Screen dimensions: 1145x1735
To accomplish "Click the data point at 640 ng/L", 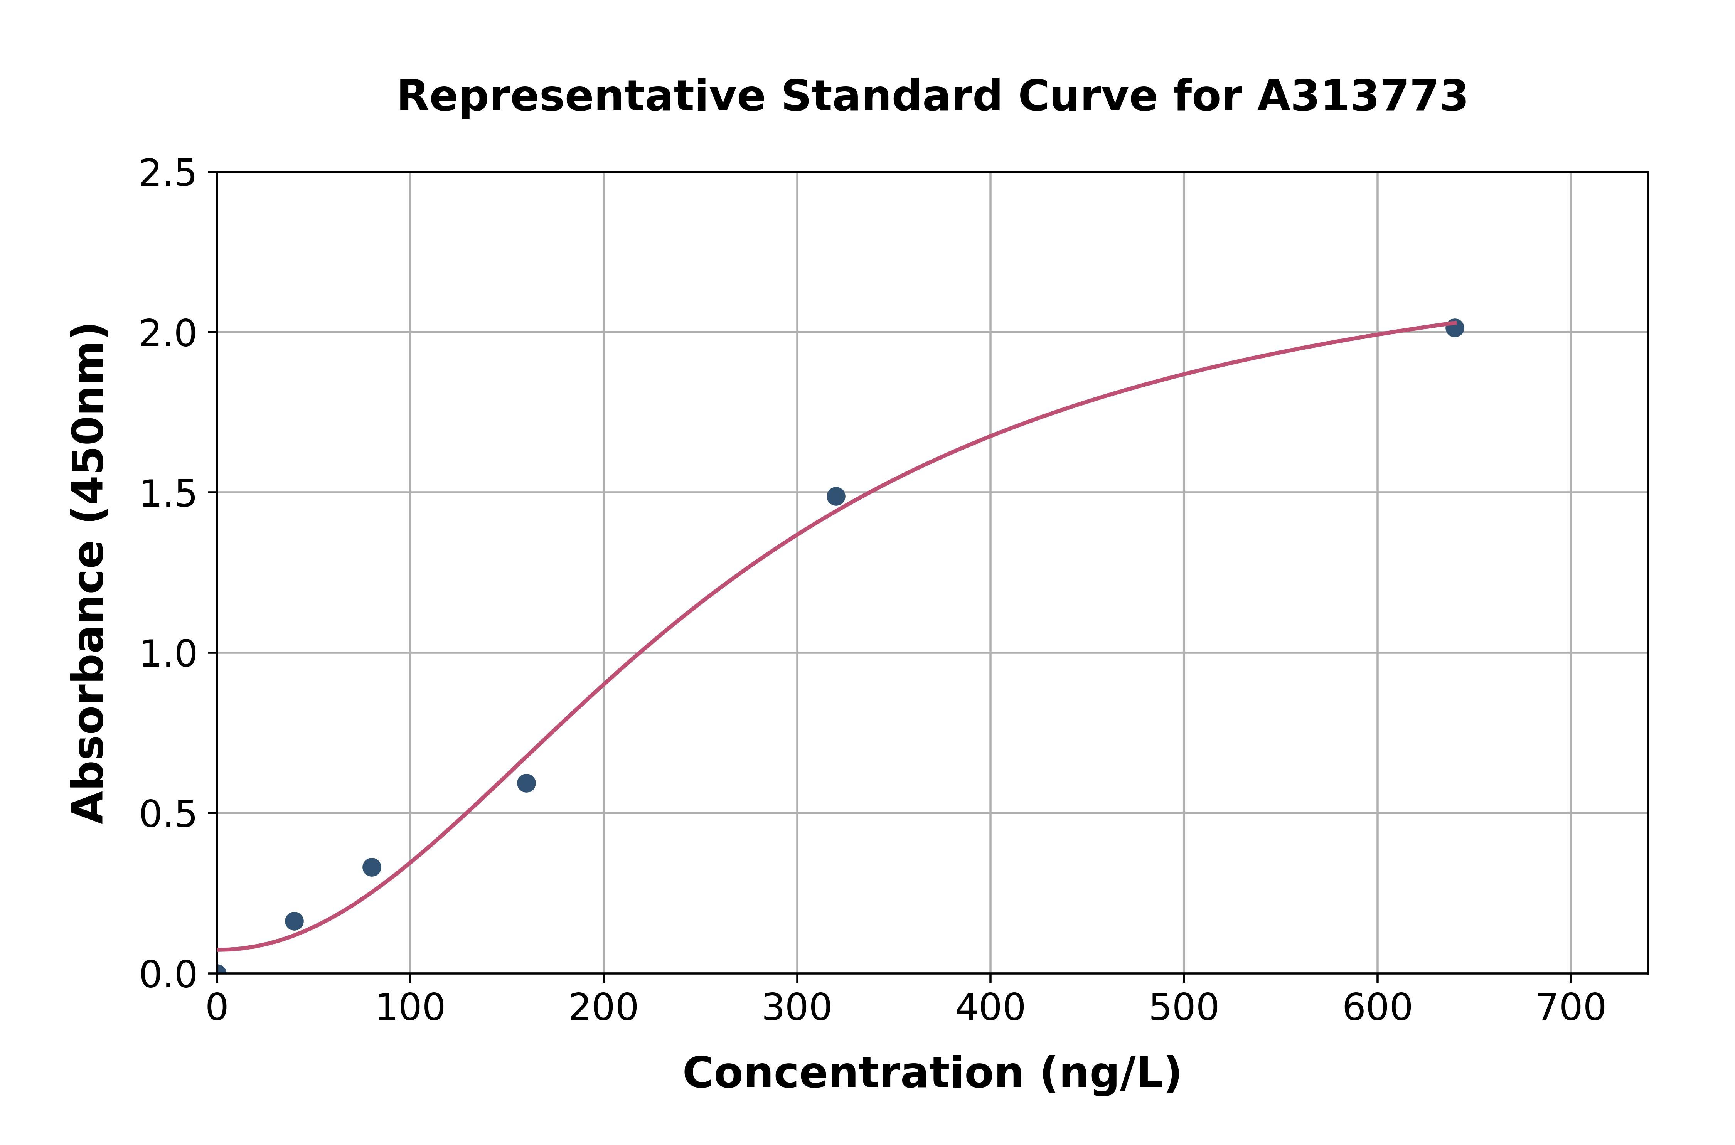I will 1454,328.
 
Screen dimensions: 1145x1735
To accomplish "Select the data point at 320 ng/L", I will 835,497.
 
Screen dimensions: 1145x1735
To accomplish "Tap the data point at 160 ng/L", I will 526,783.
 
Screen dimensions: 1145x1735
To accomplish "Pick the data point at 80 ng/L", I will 372,867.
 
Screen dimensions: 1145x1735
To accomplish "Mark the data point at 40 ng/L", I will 294,921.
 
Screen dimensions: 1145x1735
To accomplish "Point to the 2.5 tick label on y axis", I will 168,174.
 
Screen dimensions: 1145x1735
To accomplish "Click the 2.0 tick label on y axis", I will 168,334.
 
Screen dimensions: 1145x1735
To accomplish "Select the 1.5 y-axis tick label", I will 168,494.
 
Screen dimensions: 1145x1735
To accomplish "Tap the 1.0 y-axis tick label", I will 168,654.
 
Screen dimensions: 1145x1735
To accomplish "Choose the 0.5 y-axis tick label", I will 168,814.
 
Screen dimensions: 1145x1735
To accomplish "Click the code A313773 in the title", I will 1362,96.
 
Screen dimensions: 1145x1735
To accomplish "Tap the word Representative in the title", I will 581,96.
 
